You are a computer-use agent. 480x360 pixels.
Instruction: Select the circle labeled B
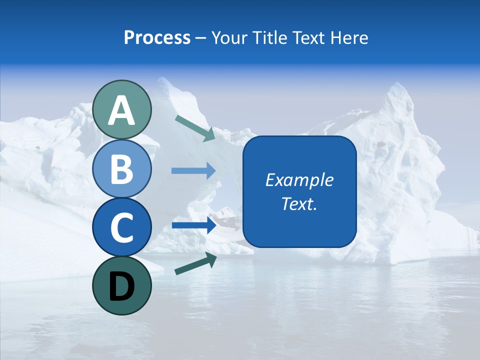(122, 169)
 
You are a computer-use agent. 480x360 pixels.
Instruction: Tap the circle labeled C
(122, 227)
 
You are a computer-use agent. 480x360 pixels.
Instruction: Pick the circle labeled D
(122, 286)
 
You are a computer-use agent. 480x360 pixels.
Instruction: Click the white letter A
(122, 111)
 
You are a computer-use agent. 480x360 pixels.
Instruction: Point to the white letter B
(122, 169)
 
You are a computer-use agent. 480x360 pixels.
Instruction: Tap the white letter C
(122, 227)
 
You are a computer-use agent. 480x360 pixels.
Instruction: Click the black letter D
(122, 287)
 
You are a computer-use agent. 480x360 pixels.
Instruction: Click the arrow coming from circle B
(193, 170)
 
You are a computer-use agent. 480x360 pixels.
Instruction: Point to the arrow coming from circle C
(194, 225)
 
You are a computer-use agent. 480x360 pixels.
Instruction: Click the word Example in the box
(299, 180)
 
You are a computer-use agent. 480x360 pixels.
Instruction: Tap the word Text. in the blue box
(299, 204)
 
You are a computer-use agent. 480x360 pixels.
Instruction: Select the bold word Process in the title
(157, 38)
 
